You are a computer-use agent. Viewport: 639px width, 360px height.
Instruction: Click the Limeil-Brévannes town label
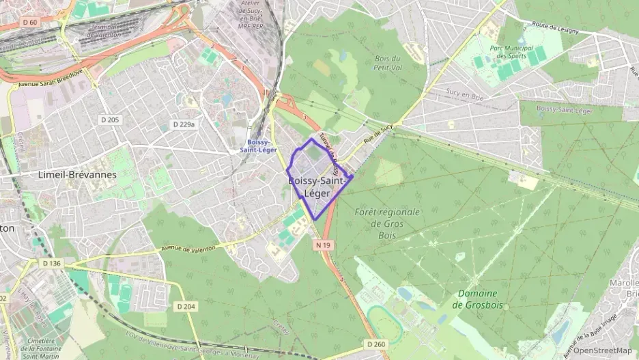tap(78, 175)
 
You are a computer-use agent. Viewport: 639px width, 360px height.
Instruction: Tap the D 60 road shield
tap(29, 23)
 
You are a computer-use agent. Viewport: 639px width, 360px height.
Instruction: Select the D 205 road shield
tap(109, 120)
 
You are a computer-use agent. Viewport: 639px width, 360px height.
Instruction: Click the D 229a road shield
tap(184, 124)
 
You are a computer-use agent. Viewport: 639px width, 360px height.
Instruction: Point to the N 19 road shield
tap(323, 244)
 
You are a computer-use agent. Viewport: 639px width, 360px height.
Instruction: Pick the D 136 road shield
tap(51, 263)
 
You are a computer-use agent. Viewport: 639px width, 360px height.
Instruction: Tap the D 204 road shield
tap(185, 307)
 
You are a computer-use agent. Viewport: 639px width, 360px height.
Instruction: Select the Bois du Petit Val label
tap(386, 63)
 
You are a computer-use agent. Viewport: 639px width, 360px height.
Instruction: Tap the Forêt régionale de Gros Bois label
tap(387, 223)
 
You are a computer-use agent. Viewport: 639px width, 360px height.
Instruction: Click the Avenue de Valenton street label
tap(188, 247)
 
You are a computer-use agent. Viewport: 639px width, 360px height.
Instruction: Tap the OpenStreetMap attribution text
tap(602, 350)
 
